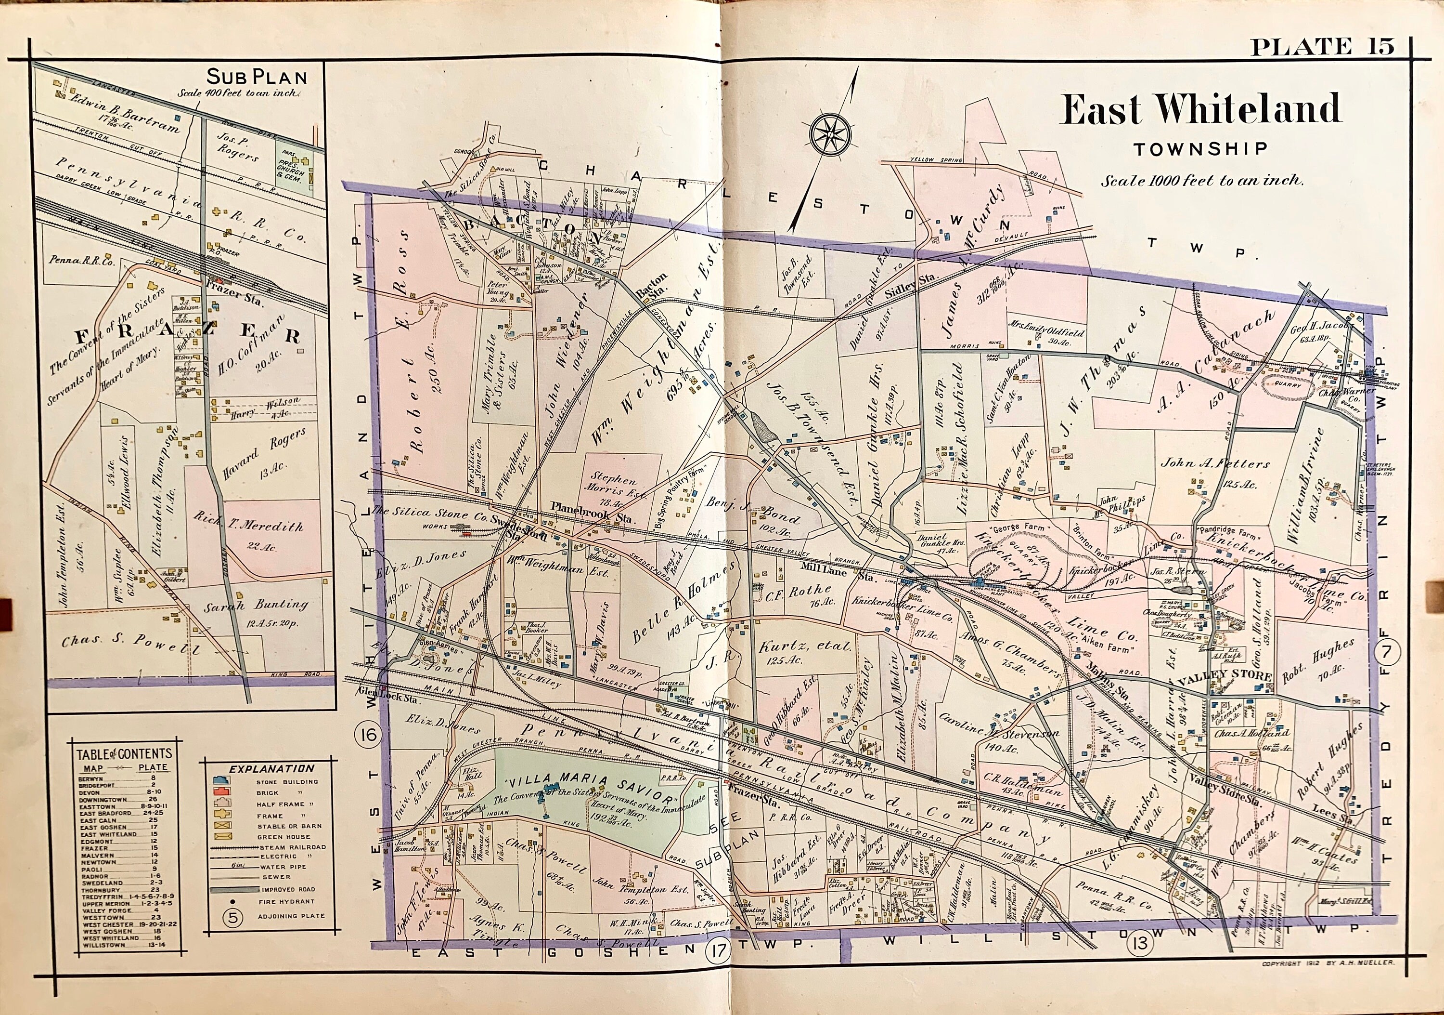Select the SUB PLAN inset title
pyautogui.click(x=257, y=78)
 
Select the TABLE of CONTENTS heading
pyautogui.click(x=123, y=754)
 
